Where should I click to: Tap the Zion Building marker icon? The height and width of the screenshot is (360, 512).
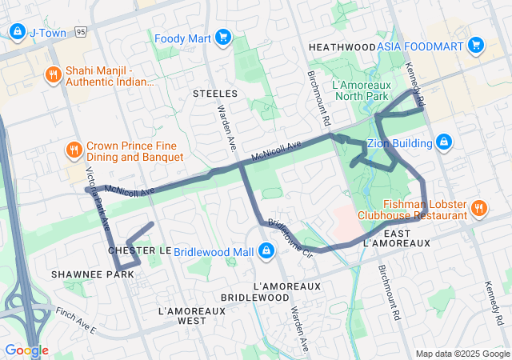coord(444,143)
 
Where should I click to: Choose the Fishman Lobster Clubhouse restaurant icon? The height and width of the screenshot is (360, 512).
coord(479,208)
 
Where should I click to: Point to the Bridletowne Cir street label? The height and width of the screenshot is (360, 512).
coord(289,235)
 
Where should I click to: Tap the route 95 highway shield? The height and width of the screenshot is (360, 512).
coord(82,32)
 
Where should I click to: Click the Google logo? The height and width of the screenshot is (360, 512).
coord(26,350)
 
